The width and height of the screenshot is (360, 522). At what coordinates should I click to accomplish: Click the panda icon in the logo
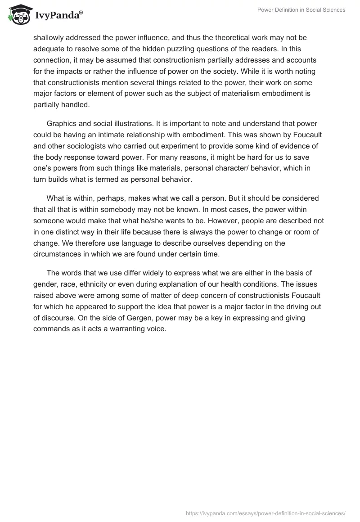(18, 15)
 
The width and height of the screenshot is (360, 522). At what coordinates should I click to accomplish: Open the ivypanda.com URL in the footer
(265, 513)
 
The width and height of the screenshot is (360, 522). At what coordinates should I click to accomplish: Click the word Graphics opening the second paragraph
(61, 124)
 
